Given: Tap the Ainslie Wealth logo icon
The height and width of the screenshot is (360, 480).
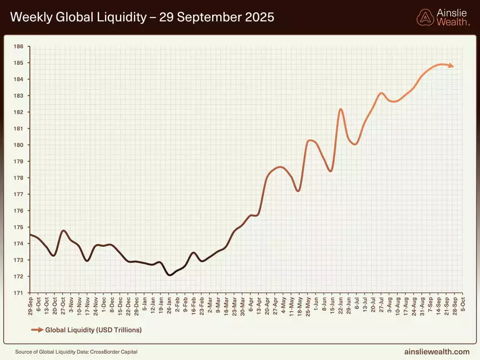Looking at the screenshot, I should [425, 18].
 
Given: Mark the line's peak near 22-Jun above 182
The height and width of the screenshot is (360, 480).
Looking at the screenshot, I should [341, 109].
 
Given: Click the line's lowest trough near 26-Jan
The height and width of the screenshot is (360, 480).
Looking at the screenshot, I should [169, 275].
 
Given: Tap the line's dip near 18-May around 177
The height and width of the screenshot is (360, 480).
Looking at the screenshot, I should [298, 191].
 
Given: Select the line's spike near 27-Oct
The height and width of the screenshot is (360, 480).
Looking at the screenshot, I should [63, 231].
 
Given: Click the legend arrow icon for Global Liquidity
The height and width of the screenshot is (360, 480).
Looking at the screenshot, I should [36, 330].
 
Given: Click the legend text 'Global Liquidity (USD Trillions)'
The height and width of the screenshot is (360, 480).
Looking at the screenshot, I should [93, 330].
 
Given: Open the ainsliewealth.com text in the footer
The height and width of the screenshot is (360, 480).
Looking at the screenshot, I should [437, 351].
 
